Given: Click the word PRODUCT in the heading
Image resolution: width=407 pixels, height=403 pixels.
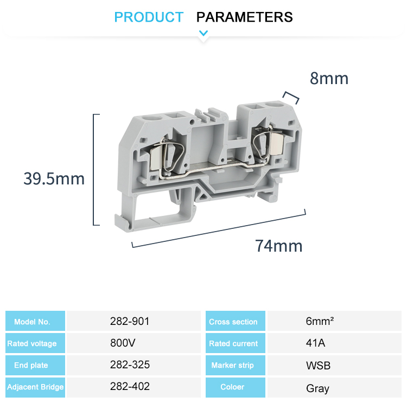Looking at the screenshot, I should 149,17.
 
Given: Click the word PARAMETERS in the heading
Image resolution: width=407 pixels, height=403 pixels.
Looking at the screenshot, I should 244,17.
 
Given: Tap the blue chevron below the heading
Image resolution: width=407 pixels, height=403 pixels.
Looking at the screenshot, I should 203,34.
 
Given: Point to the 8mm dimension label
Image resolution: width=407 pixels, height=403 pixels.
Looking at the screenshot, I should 329,79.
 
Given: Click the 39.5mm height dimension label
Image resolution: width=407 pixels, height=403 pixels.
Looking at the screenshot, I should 54,178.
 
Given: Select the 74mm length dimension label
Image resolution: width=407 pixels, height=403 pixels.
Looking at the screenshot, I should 279,246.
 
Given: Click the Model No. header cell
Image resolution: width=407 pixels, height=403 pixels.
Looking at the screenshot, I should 32,322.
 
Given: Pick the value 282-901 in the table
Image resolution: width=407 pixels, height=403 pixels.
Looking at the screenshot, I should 129,321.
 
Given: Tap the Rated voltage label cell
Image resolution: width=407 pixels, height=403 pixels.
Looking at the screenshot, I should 32,343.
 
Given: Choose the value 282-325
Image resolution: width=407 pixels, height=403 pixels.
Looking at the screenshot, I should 130,365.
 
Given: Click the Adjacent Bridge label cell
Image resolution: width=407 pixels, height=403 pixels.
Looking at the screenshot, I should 35,387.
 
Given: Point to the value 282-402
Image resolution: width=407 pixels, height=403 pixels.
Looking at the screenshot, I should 130,387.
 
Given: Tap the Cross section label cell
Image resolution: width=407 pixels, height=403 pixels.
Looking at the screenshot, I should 233,322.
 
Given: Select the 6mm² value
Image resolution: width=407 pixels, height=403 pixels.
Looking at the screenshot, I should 320,321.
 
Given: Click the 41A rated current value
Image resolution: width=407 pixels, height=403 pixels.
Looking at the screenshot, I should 316,343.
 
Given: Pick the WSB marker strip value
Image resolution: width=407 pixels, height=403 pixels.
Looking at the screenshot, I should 318,366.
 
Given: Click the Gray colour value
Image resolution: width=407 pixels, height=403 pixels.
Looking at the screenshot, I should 317,388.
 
